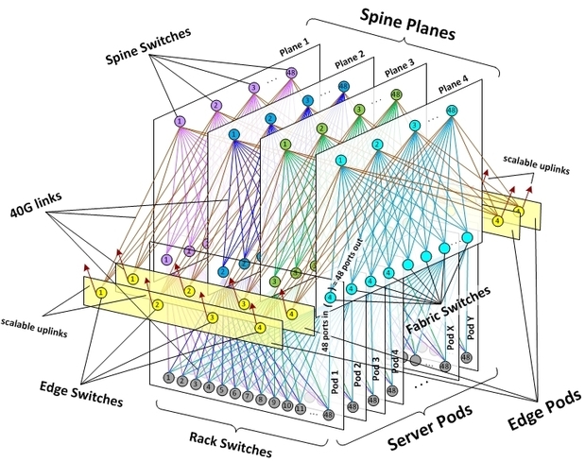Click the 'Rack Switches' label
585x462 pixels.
232,439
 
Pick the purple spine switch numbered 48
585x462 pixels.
292,73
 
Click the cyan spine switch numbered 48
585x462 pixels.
451,111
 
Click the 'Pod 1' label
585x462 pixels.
334,379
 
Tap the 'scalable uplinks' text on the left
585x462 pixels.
35,318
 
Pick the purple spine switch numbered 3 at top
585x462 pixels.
253,88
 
